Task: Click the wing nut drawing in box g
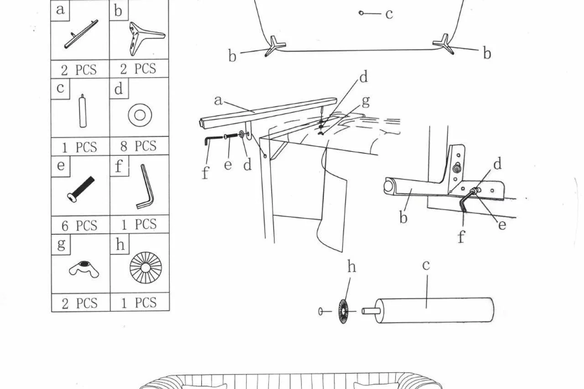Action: (x=84, y=269)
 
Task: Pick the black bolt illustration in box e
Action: (x=81, y=189)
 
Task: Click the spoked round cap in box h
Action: (x=146, y=268)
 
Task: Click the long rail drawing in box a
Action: (x=81, y=34)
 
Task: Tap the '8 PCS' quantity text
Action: (x=138, y=146)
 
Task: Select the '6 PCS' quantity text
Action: (x=79, y=225)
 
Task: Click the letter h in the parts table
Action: (x=120, y=244)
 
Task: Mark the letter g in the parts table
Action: (x=61, y=244)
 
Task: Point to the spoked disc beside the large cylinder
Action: (x=343, y=311)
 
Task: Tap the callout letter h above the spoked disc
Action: (x=352, y=267)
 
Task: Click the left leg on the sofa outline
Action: (x=275, y=46)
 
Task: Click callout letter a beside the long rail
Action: (x=219, y=101)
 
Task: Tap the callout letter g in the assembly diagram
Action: (x=366, y=101)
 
